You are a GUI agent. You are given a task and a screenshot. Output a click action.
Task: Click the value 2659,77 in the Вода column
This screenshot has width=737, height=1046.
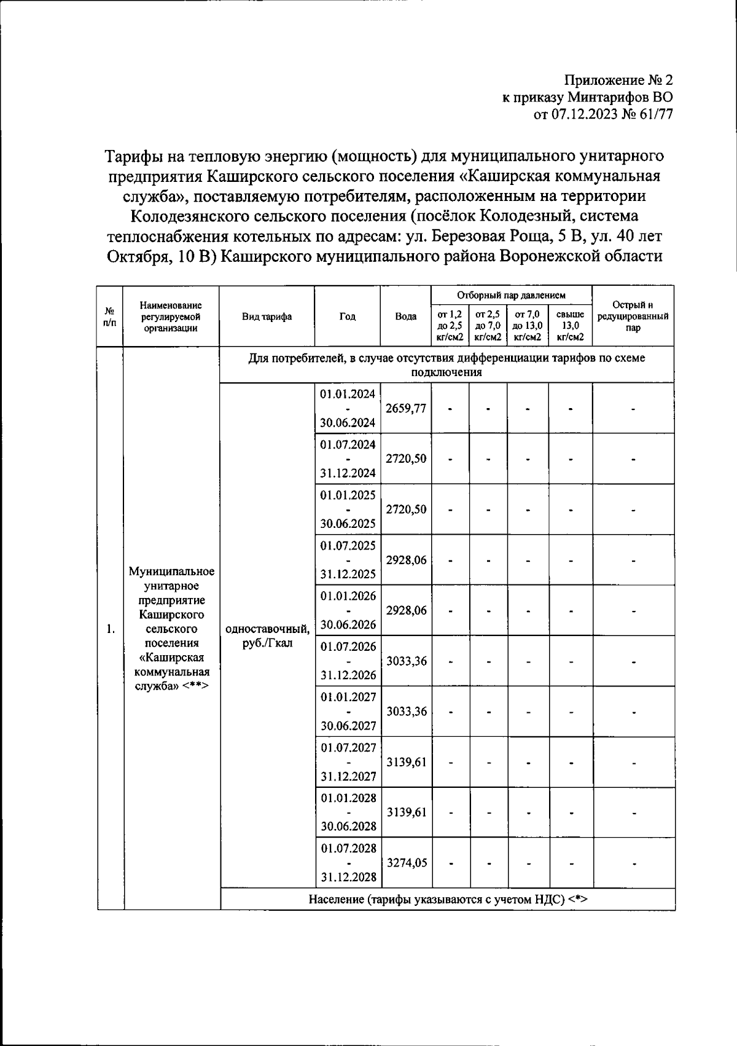pos(406,409)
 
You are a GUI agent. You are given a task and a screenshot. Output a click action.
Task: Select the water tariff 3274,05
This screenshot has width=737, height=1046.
pos(406,863)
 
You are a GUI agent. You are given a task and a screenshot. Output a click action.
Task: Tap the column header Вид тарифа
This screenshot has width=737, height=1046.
pos(267,317)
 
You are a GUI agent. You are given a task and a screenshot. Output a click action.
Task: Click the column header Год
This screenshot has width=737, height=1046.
pos(348,317)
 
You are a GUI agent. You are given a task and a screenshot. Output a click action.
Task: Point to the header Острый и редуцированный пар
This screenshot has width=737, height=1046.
pos(633,316)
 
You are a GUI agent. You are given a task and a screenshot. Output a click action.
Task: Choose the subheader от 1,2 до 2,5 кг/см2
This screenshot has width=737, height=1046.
pos(450,325)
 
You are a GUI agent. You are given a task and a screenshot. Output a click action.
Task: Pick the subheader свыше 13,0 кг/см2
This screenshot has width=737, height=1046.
pos(570,325)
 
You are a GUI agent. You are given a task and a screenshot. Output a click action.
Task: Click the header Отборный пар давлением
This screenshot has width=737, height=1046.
pos(511,296)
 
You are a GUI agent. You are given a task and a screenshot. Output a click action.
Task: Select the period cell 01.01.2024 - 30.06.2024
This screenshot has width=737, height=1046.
pos(348,409)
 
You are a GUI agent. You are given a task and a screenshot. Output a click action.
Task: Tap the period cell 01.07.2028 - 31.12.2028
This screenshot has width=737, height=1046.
pos(348,863)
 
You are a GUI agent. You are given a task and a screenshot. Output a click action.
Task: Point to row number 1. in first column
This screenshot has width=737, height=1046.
pos(110,629)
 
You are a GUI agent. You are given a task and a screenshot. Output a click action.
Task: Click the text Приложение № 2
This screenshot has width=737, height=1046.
pos(618,81)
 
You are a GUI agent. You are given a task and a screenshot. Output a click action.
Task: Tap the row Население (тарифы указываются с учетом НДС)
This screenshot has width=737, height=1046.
pos(448,900)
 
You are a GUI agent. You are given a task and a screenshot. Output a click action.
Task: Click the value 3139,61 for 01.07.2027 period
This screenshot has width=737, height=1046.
pos(406,762)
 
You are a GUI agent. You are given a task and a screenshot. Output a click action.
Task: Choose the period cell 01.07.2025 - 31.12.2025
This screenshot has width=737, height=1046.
pos(348,560)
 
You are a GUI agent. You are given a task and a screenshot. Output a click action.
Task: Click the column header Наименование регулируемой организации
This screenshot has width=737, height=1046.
pos(171,316)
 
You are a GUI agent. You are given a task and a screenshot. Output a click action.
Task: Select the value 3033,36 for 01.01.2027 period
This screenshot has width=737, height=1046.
pos(406,712)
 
